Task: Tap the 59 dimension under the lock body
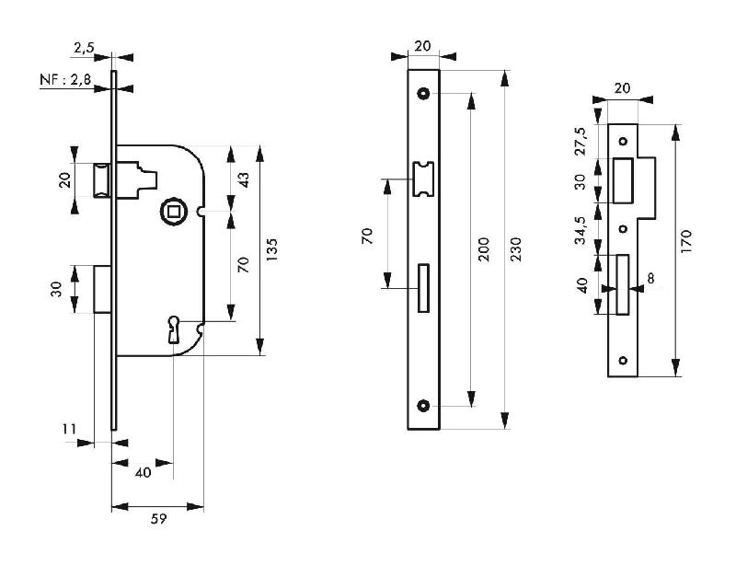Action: (x=157, y=520)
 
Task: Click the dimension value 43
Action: (x=244, y=179)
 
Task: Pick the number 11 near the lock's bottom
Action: (x=70, y=428)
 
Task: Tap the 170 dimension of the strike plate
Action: (x=686, y=241)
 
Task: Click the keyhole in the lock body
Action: (x=174, y=328)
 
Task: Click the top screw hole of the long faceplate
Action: (x=424, y=93)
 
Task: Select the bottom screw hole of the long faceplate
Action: (x=424, y=406)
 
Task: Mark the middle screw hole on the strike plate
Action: (x=623, y=228)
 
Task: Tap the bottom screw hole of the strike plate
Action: (x=623, y=360)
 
